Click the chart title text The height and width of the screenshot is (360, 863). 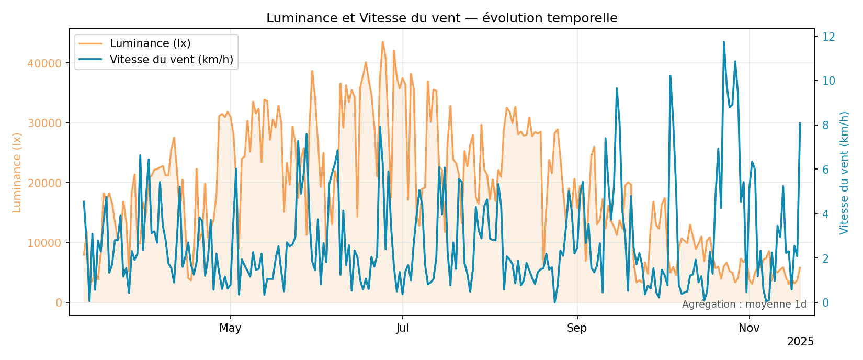pyautogui.click(x=441, y=18)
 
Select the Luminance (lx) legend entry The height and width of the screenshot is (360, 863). pyautogui.click(x=150, y=43)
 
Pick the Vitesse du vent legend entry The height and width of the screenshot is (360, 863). pyautogui.click(x=171, y=60)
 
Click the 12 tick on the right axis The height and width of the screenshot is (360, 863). pyautogui.click(x=828, y=37)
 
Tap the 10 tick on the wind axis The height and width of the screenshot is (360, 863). pyautogui.click(x=828, y=81)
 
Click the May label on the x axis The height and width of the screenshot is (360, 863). pyautogui.click(x=230, y=329)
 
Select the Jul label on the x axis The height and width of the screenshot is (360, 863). pyautogui.click(x=402, y=329)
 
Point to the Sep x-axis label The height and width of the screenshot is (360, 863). pyautogui.click(x=577, y=329)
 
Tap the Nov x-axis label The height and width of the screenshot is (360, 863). pyautogui.click(x=749, y=329)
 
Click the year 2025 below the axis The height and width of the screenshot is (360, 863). pyautogui.click(x=800, y=342)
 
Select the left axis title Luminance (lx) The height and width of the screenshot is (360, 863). pyautogui.click(x=17, y=173)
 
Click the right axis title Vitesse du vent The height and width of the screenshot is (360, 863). pyautogui.click(x=844, y=173)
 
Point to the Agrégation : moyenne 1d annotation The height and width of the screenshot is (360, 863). pyautogui.click(x=744, y=305)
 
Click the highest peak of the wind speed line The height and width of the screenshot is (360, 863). pyautogui.click(x=724, y=42)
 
